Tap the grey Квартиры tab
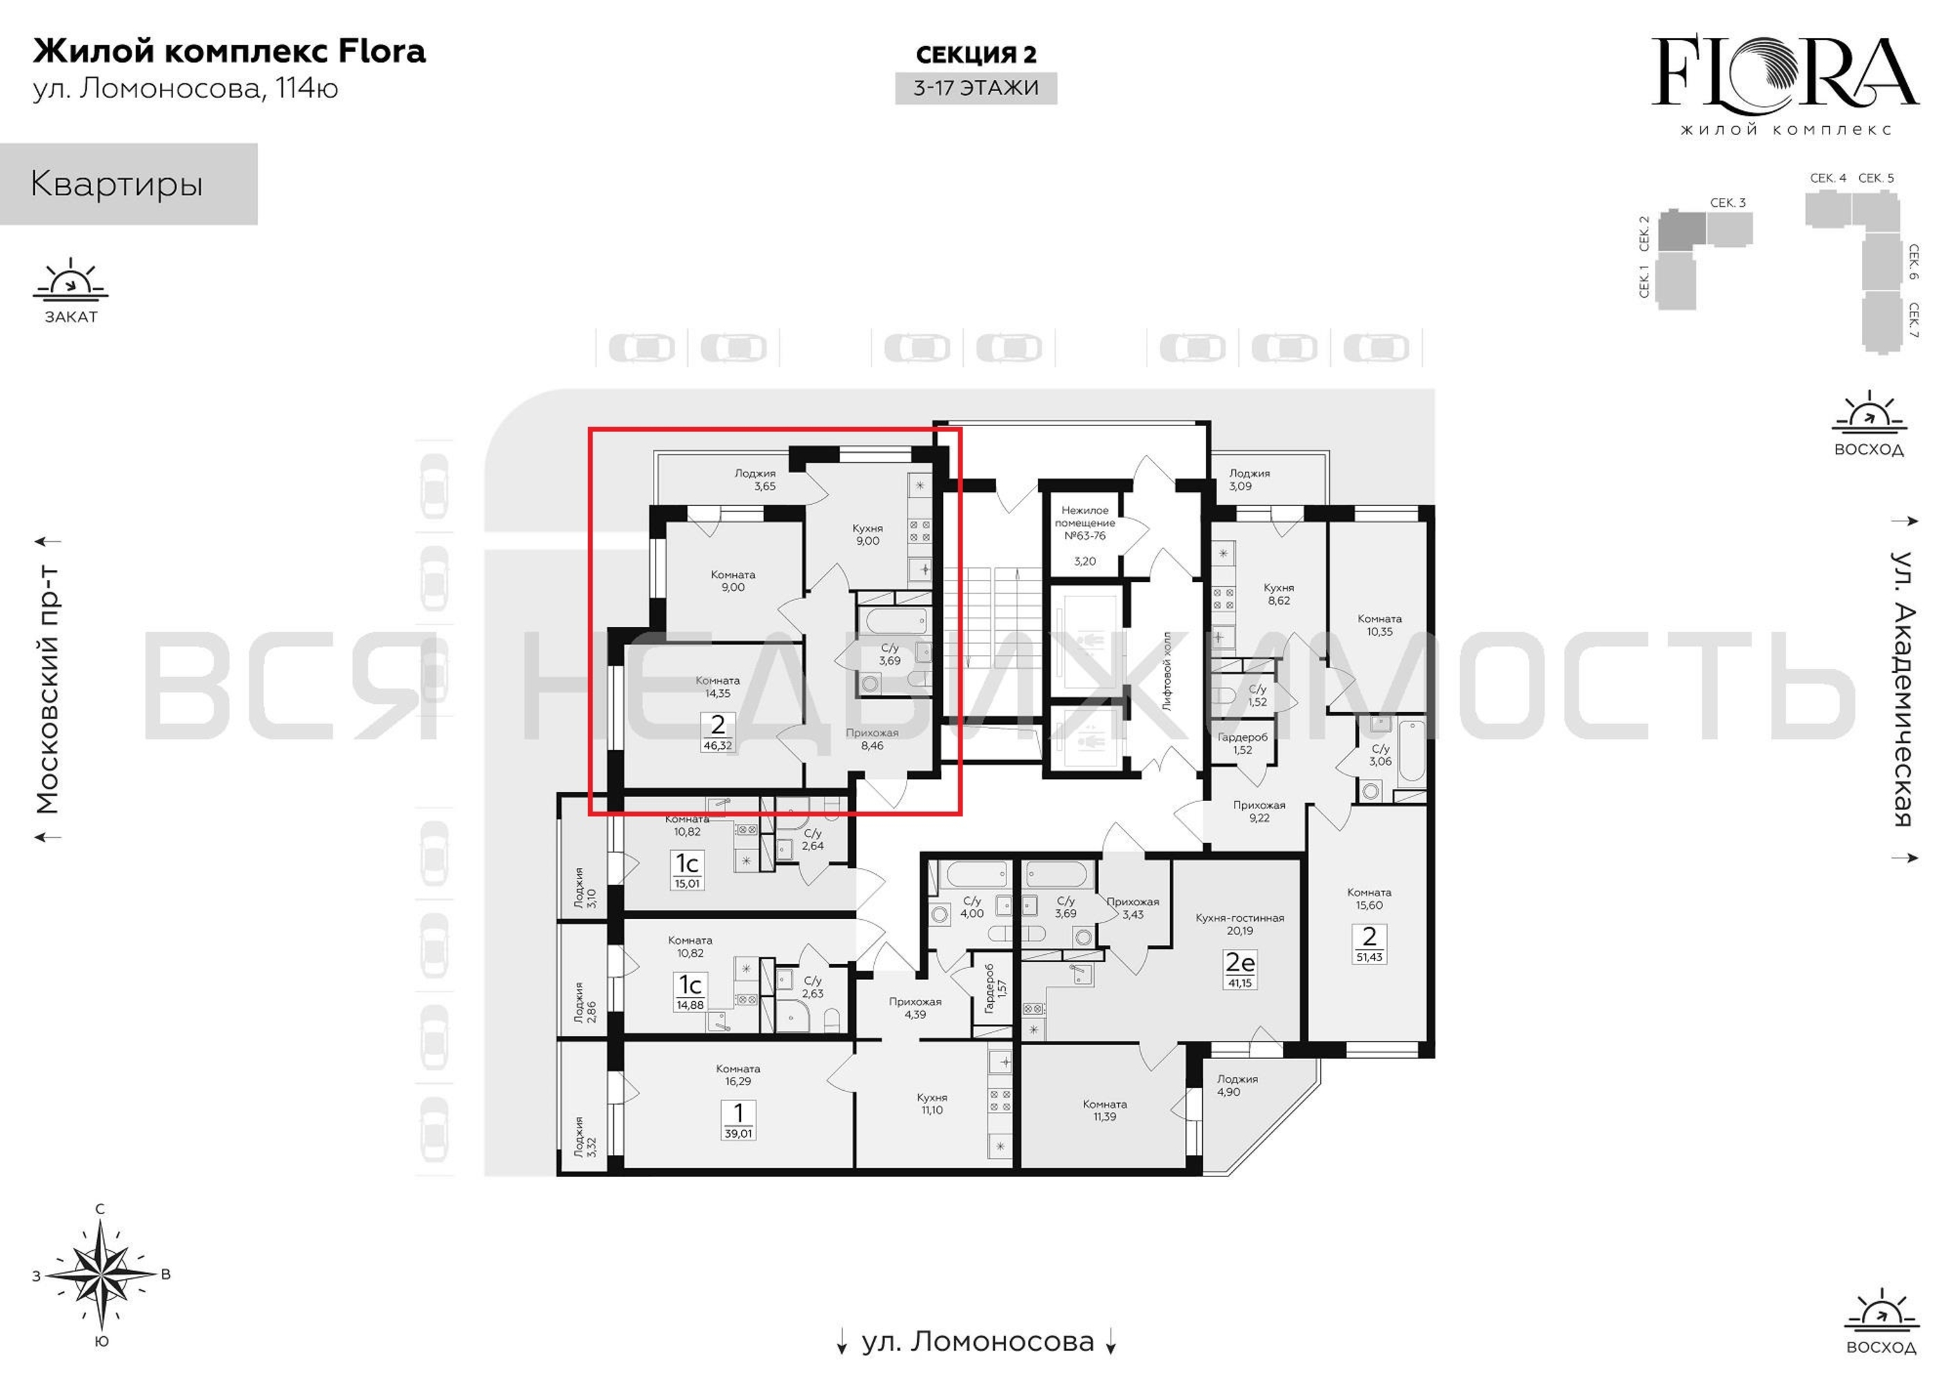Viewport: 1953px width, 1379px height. (128, 184)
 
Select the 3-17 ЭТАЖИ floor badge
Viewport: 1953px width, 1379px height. (975, 88)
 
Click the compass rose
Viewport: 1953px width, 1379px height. (101, 1274)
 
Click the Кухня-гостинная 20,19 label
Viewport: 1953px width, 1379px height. (1239, 924)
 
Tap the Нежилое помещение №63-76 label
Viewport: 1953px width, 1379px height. (1084, 523)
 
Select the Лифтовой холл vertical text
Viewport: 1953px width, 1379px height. (1167, 671)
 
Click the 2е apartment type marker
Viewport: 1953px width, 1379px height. (1239, 962)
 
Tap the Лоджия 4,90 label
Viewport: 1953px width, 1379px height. (1236, 1085)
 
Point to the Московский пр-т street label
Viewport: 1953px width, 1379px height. (48, 687)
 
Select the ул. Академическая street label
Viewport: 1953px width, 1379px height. (1903, 689)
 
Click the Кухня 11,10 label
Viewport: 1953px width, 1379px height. (932, 1103)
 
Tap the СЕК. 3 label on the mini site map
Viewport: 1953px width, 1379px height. (1728, 203)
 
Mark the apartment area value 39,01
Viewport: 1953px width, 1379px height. (738, 1133)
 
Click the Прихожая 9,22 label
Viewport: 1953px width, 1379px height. (1259, 811)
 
